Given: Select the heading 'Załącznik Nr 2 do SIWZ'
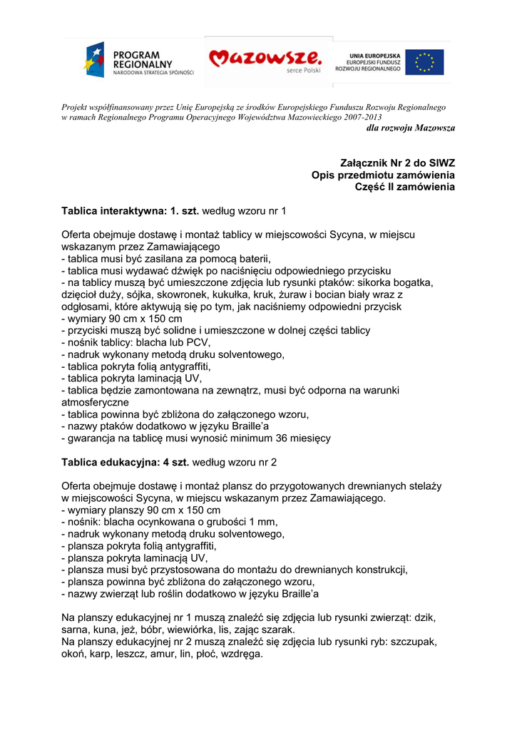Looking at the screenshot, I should pyautogui.click(x=398, y=163).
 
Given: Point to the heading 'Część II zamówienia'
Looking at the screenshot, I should pyautogui.click(x=404, y=187).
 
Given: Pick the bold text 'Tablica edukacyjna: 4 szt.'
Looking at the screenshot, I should pyautogui.click(x=126, y=462).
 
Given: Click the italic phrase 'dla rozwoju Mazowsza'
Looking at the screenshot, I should pyautogui.click(x=410, y=128).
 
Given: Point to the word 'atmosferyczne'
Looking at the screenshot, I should pyautogui.click(x=95, y=402).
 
